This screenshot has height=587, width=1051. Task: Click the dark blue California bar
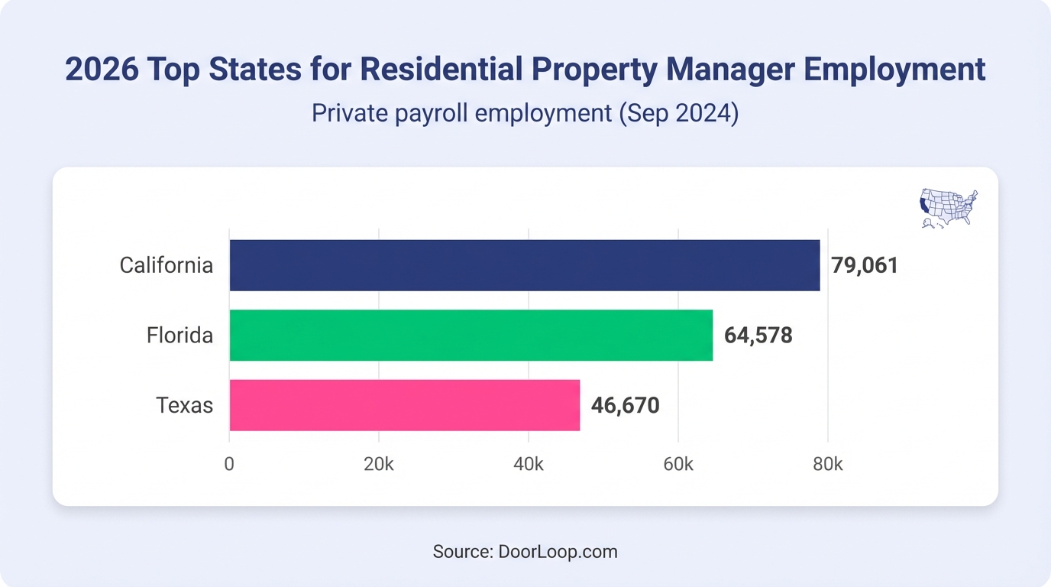coord(524,265)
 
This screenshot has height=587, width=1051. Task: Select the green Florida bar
coord(471,335)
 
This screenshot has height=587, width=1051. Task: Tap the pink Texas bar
coord(404,404)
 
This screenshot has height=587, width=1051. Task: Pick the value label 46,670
coord(625,405)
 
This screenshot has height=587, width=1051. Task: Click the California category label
coord(166,265)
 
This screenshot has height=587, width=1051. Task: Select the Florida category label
coord(179,335)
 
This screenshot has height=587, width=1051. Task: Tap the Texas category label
coord(184,404)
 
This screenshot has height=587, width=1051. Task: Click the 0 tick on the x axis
coord(229,464)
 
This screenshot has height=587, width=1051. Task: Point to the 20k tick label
coord(378,464)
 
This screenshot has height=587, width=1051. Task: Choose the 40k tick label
coord(528,464)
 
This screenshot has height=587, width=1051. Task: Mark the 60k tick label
coord(677,464)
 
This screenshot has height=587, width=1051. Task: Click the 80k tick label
coord(827,464)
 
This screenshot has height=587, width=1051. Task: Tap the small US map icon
coord(948,208)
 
